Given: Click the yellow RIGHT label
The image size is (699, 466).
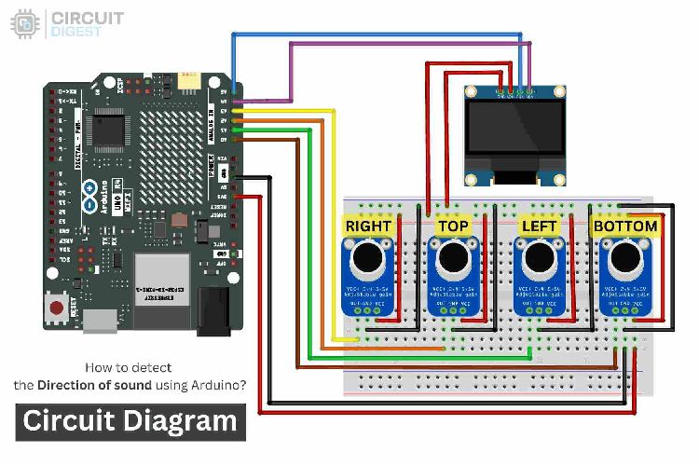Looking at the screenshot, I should pos(368,226).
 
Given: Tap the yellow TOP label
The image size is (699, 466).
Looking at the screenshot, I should pos(453,226).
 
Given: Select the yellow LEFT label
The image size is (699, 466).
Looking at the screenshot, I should pos(539,226).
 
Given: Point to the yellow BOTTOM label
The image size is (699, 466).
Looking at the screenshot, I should pos(625,226).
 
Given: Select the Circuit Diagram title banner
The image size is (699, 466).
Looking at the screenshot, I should pos(130,421).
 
